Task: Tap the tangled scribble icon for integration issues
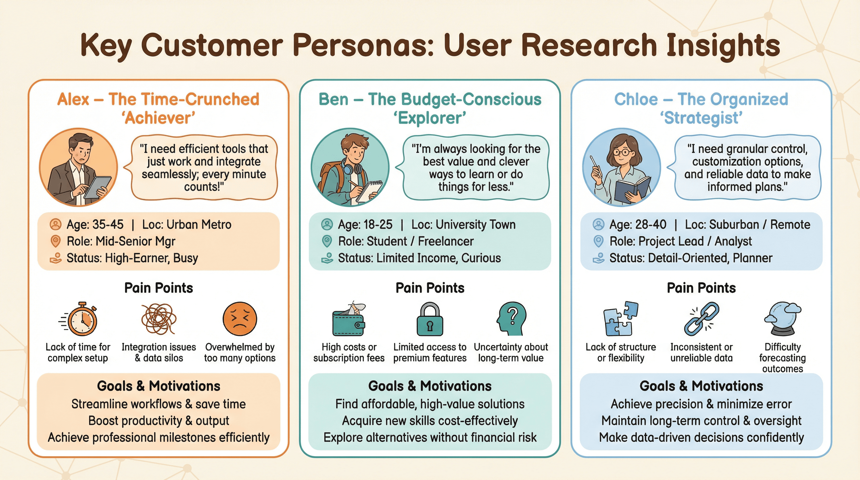coord(158,319)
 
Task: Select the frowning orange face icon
coord(240,319)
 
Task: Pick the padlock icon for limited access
coord(430,319)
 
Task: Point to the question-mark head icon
coord(511,319)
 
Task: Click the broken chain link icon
coord(702,319)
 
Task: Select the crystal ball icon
coord(782,319)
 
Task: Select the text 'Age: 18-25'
coord(365,225)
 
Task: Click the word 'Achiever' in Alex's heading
coord(158,118)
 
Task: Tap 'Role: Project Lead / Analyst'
coord(681,241)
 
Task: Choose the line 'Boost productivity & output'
coord(158,421)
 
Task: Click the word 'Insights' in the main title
coord(723,45)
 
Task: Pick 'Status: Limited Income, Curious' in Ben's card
coord(419,258)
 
